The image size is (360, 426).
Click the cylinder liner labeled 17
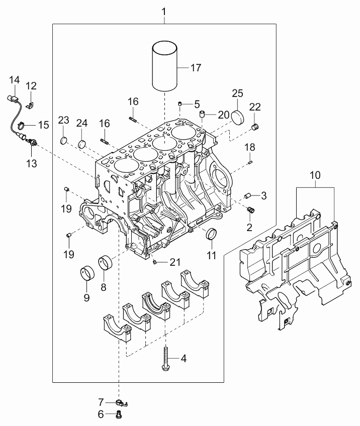(164, 66)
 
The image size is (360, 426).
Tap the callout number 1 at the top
(164, 12)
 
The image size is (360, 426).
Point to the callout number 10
(315, 175)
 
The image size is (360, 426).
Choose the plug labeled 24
(82, 144)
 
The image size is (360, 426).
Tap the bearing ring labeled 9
(87, 272)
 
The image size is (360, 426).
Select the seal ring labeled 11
(211, 234)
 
